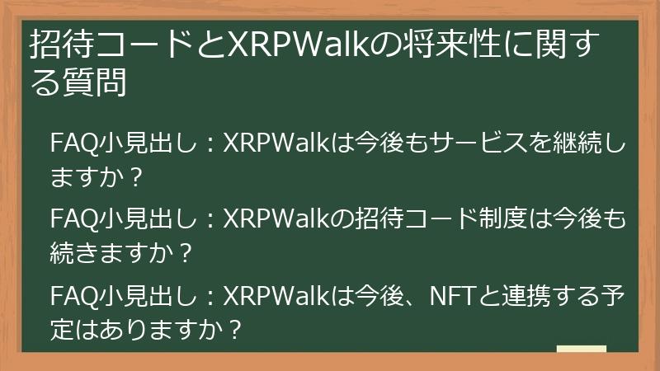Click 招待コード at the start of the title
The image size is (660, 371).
[x=109, y=44]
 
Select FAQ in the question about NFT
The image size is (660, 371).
[x=73, y=294]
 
